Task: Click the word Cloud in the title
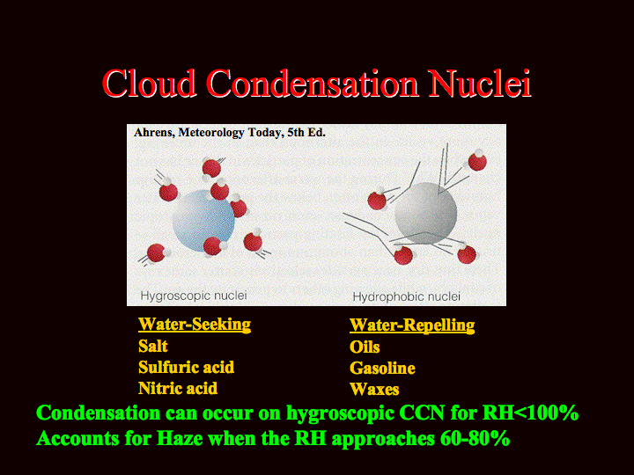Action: tap(149, 84)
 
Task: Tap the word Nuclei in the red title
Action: tap(480, 84)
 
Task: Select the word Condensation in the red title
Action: tap(312, 84)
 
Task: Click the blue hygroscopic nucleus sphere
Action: tap(203, 221)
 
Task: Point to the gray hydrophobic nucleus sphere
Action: tap(426, 213)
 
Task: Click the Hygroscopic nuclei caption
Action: tap(194, 296)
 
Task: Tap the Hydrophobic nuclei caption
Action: tap(406, 297)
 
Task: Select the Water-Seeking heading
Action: tap(195, 325)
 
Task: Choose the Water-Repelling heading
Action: tap(412, 325)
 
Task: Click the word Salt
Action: tap(153, 347)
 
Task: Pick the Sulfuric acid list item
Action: tap(186, 367)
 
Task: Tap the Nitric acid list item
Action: tap(178, 389)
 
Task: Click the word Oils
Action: tap(365, 347)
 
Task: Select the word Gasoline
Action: tap(382, 368)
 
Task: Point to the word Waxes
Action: tap(374, 390)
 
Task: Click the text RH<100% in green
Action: tap(530, 413)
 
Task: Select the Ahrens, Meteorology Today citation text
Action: tap(229, 133)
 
